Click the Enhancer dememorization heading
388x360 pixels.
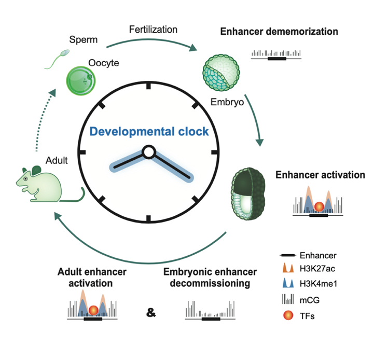click(279, 32)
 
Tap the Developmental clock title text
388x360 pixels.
click(149, 131)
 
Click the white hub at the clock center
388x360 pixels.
click(148, 152)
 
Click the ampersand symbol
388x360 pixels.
click(151, 313)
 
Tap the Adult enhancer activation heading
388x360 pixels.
click(92, 278)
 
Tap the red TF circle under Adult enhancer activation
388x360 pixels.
click(93, 311)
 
